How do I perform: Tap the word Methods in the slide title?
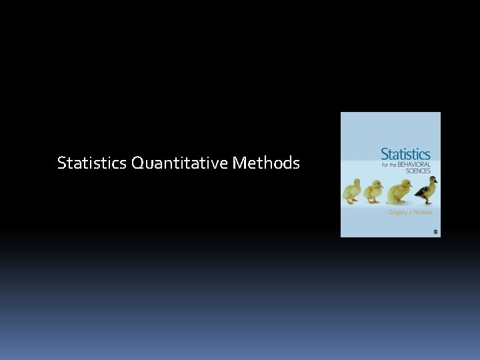point(267,162)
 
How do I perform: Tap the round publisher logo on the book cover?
point(435,231)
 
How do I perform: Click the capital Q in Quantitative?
point(138,162)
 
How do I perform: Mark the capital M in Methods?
point(241,162)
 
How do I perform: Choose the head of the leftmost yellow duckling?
point(357,182)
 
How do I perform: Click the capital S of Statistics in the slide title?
point(61,162)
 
